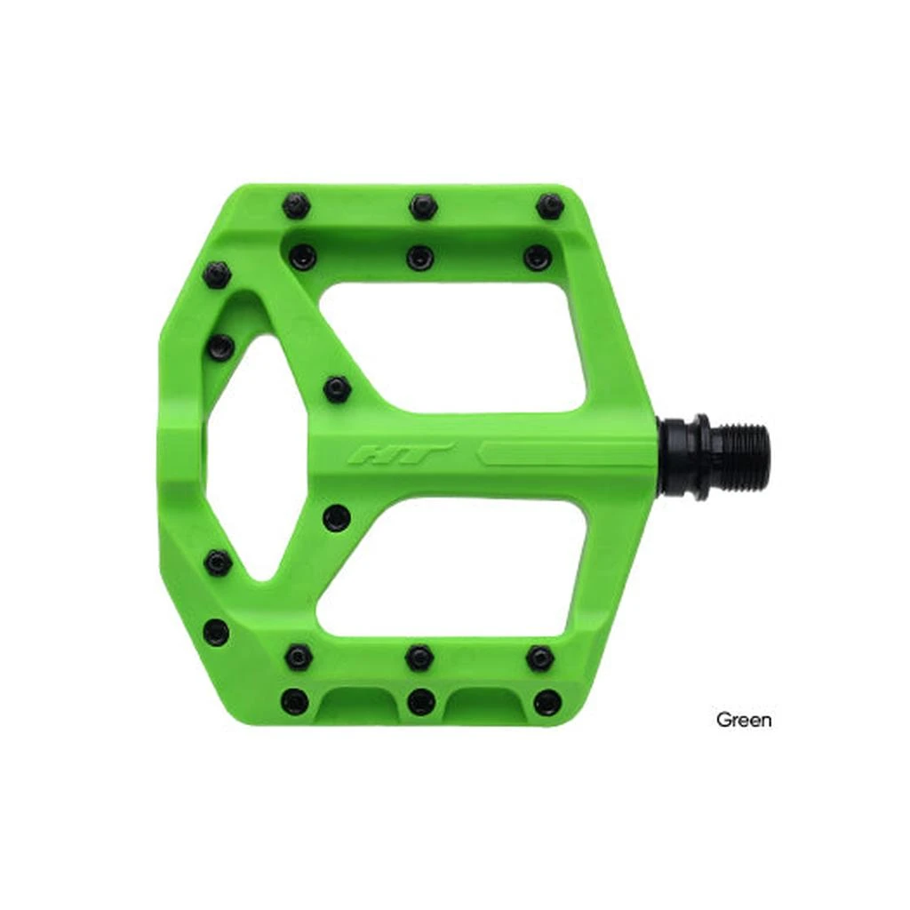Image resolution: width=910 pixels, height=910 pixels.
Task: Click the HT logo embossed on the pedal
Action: click(400, 454)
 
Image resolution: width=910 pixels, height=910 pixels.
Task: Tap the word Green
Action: click(744, 720)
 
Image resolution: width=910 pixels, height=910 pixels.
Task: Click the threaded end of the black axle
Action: click(739, 454)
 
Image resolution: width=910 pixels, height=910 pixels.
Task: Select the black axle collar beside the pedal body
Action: click(687, 456)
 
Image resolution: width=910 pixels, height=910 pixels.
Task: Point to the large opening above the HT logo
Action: click(451, 348)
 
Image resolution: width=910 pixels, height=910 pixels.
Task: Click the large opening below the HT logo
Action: click(449, 567)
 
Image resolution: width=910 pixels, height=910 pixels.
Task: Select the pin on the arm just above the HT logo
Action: click(337, 388)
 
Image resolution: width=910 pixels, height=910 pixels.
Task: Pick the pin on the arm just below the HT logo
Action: click(336, 517)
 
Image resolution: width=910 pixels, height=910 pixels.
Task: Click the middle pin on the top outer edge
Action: click(423, 206)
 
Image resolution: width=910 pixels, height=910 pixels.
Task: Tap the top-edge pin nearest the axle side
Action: click(550, 206)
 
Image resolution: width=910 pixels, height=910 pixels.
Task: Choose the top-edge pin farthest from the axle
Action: click(296, 206)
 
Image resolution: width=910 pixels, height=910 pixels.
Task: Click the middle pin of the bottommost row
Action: click(421, 701)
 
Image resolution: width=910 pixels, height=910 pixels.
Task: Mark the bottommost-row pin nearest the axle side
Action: click(547, 702)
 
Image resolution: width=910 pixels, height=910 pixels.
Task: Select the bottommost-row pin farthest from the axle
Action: click(294, 701)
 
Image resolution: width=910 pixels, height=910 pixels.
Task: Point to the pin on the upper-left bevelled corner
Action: click(216, 274)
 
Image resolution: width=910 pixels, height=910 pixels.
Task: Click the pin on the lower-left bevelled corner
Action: click(216, 632)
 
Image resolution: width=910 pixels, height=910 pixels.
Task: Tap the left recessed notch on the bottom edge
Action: click(358, 706)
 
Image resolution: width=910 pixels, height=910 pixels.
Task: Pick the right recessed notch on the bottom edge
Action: click(484, 706)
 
